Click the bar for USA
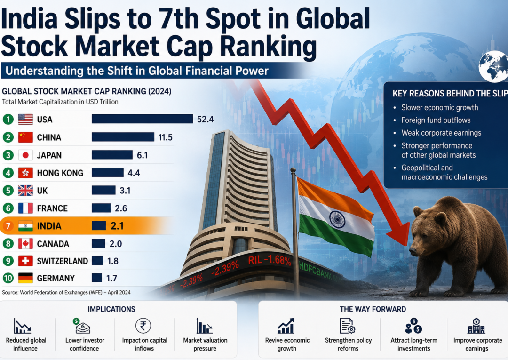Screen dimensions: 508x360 pyautogui.click(x=142, y=119)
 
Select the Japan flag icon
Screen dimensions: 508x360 pyautogui.click(x=25, y=155)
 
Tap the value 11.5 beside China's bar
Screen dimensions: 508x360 pyautogui.click(x=165, y=137)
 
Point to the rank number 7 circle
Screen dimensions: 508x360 pyautogui.click(x=8, y=226)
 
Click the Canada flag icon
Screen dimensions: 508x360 pyautogui.click(x=25, y=244)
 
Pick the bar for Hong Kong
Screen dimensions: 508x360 pyautogui.click(x=108, y=172)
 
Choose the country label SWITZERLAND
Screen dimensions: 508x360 pyautogui.click(x=62, y=261)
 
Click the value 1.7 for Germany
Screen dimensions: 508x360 pyautogui.click(x=111, y=278)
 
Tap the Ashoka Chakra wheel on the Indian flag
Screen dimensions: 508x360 pyautogui.click(x=337, y=219)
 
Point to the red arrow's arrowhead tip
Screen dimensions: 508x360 pyautogui.click(x=406, y=245)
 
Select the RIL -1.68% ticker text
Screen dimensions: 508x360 pyautogui.click(x=270, y=260)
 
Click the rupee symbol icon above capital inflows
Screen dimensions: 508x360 pyautogui.click(x=143, y=326)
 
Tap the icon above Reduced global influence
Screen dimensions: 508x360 pyautogui.click(x=23, y=326)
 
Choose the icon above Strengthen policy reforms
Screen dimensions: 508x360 pyautogui.click(x=347, y=326)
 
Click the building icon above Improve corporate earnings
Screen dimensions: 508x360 pyautogui.click(x=476, y=326)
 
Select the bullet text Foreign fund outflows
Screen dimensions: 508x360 pyautogui.click(x=436, y=120)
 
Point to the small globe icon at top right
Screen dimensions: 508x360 pyautogui.click(x=494, y=66)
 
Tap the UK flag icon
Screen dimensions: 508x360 pyautogui.click(x=25, y=191)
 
